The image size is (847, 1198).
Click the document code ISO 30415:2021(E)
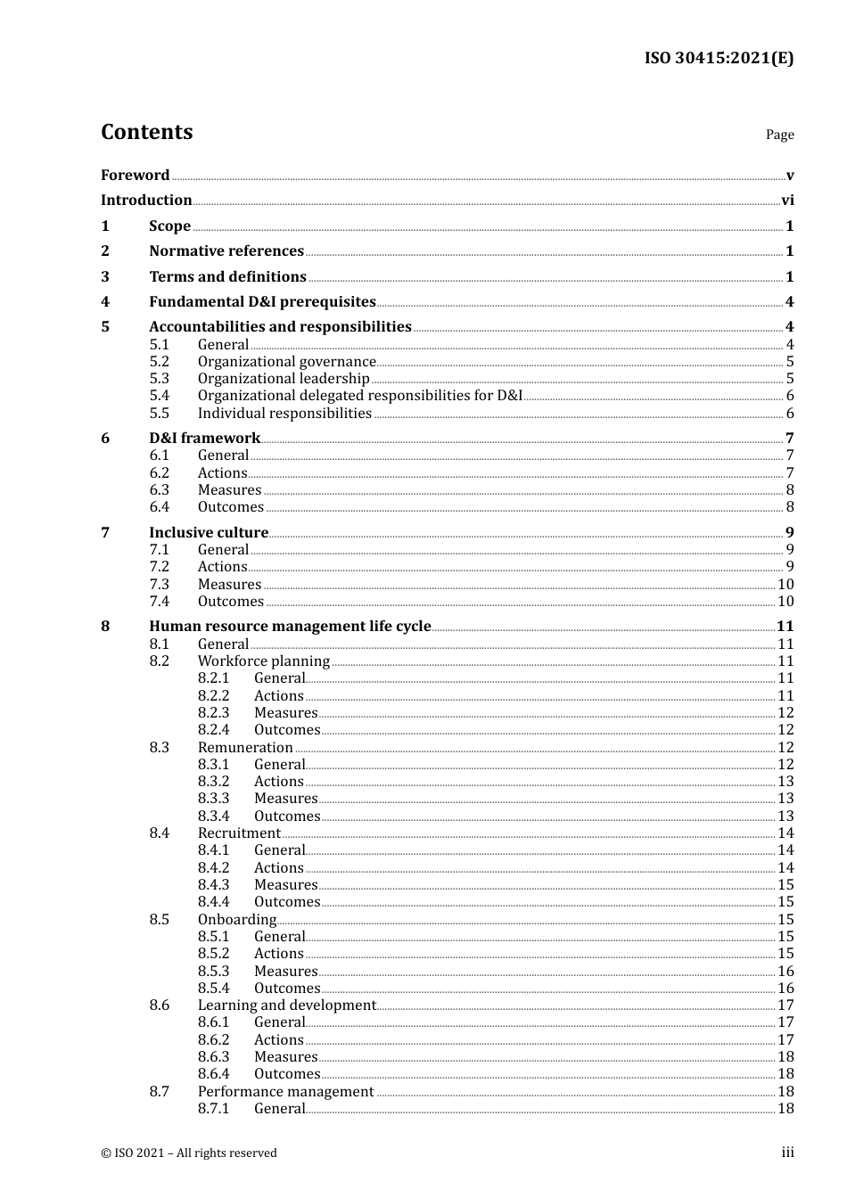coord(719,59)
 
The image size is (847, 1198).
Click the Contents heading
coord(146,132)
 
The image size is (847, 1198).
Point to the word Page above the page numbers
coord(779,135)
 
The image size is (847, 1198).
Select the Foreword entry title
coord(135,176)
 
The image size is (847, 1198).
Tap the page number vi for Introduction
coord(787,201)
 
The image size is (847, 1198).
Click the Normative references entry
coord(226,251)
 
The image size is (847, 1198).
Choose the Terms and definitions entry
coord(227,277)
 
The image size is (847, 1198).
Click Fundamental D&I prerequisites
coord(262,302)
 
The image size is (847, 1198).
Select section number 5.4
coord(159,396)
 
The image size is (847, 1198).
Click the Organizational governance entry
coord(286,362)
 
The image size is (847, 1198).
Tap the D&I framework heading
coord(204,439)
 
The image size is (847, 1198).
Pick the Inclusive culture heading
coord(209,533)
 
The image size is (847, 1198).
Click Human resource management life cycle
coord(290,627)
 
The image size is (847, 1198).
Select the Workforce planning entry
coord(264,661)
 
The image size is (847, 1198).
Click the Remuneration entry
coord(245,748)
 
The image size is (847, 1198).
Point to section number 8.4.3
coord(213,885)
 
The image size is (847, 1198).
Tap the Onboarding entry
coord(237,920)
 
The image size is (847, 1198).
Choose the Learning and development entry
coord(286,1005)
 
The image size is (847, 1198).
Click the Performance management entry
coord(285,1092)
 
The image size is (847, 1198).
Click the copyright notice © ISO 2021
coord(189,1153)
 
